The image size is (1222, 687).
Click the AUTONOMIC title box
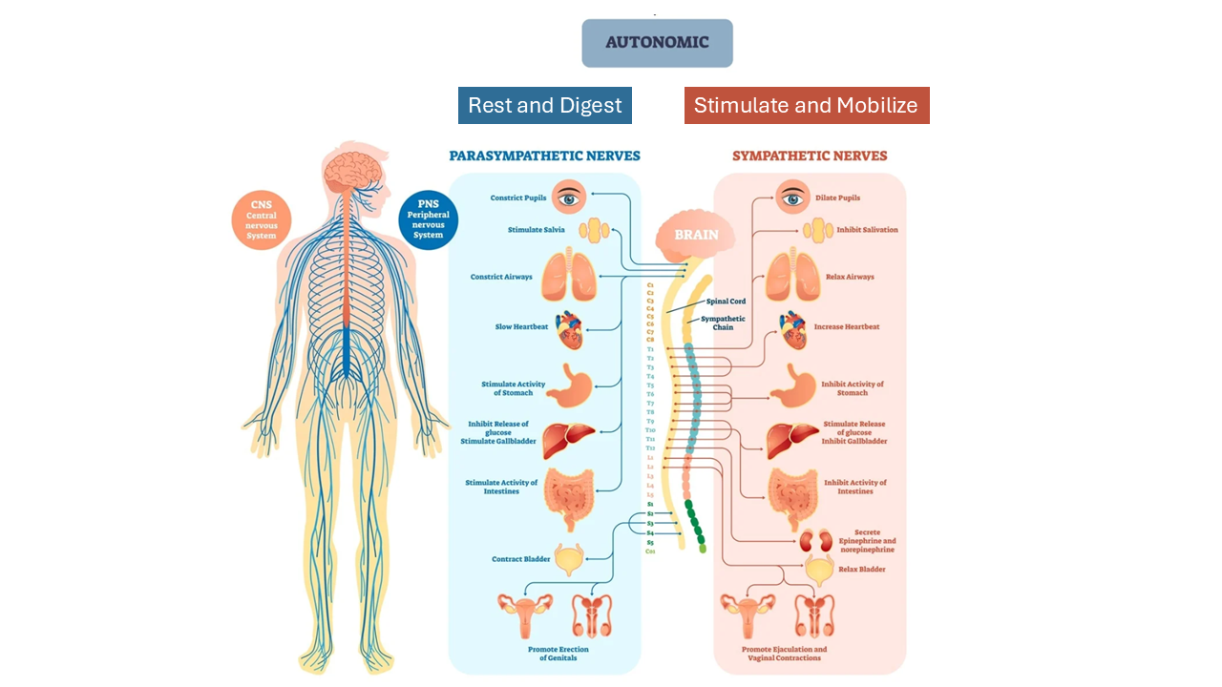(x=657, y=43)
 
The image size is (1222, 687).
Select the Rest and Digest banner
(x=544, y=105)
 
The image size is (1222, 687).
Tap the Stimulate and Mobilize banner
(x=806, y=105)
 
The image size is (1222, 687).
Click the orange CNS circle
(x=262, y=220)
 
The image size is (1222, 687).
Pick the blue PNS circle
(x=428, y=219)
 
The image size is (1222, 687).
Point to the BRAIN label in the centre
(x=696, y=235)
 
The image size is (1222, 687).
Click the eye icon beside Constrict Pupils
(x=570, y=198)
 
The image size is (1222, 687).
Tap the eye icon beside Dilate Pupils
(x=792, y=198)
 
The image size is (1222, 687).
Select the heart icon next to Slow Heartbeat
(x=570, y=329)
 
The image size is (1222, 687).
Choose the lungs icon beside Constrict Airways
(x=570, y=276)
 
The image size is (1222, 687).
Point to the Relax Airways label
(x=850, y=277)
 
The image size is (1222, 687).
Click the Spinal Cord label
(x=726, y=302)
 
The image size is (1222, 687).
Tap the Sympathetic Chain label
(x=723, y=323)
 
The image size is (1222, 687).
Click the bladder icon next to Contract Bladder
(x=570, y=560)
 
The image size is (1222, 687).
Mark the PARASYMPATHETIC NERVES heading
(x=544, y=156)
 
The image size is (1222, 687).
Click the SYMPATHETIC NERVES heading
(x=810, y=156)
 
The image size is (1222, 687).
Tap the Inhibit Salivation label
(x=867, y=230)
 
